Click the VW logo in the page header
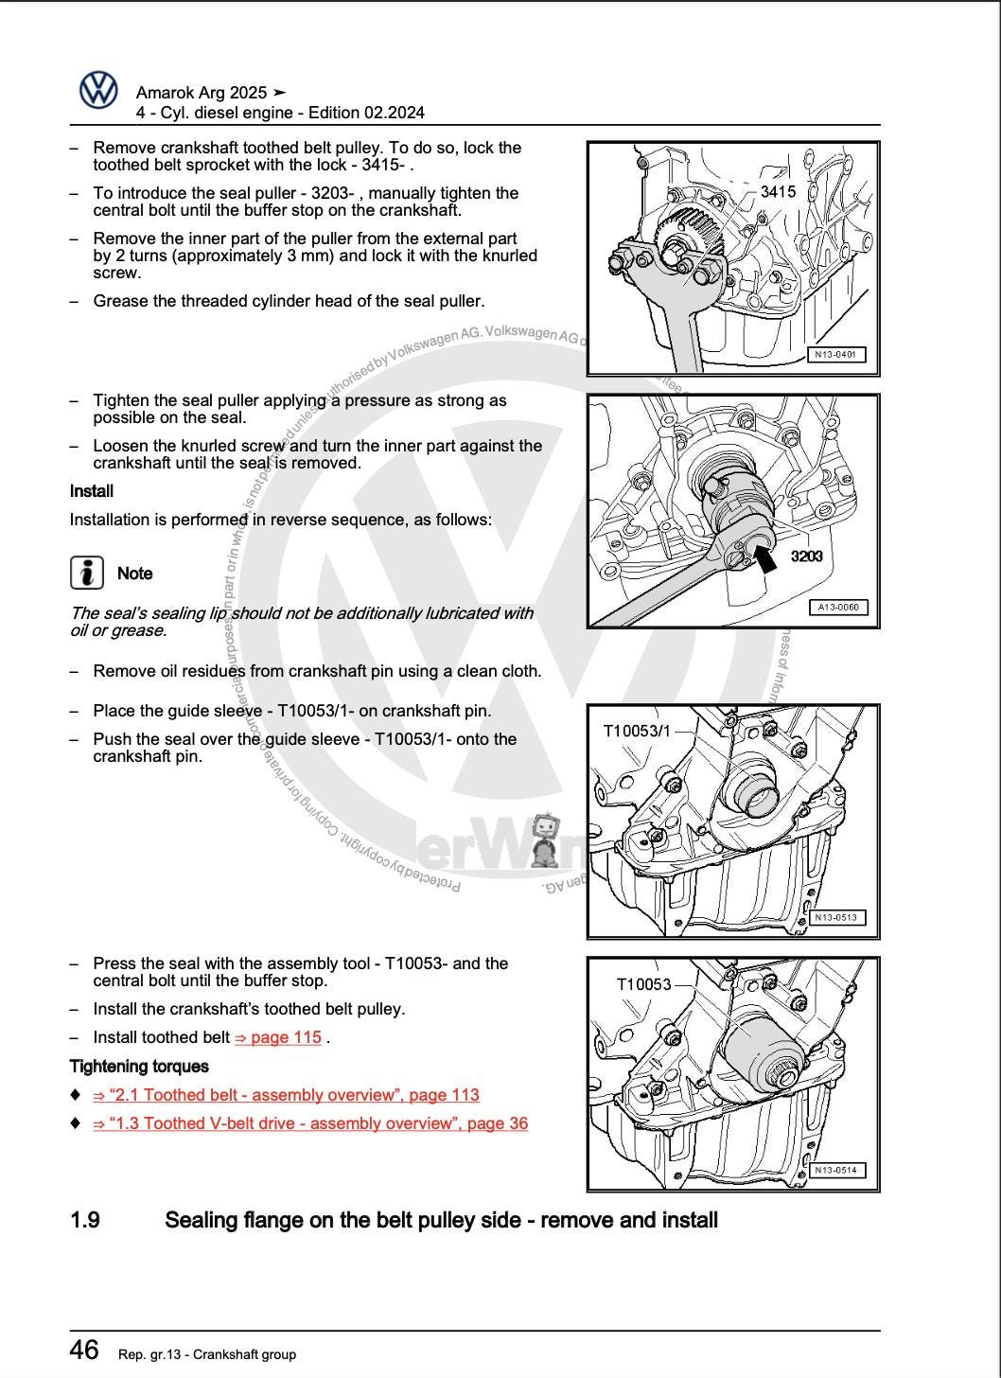pyautogui.click(x=98, y=91)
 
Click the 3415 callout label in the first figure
pyautogui.click(x=778, y=191)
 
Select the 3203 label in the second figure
pyautogui.click(x=806, y=556)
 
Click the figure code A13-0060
pyautogui.click(x=838, y=608)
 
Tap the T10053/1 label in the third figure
pyautogui.click(x=637, y=731)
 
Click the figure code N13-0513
pyautogui.click(x=836, y=917)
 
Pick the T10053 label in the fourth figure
pyautogui.click(x=643, y=984)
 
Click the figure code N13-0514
pyautogui.click(x=836, y=1171)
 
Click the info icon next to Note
pyautogui.click(x=87, y=573)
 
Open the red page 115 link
pyautogui.click(x=278, y=1037)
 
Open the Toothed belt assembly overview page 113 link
pyautogui.click(x=286, y=1095)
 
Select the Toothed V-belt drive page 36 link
pyautogui.click(x=310, y=1123)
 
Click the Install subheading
pyautogui.click(x=92, y=491)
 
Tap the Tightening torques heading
pyautogui.click(x=139, y=1067)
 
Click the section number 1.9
pyautogui.click(x=85, y=1220)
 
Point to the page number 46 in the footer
pyautogui.click(x=84, y=1350)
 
